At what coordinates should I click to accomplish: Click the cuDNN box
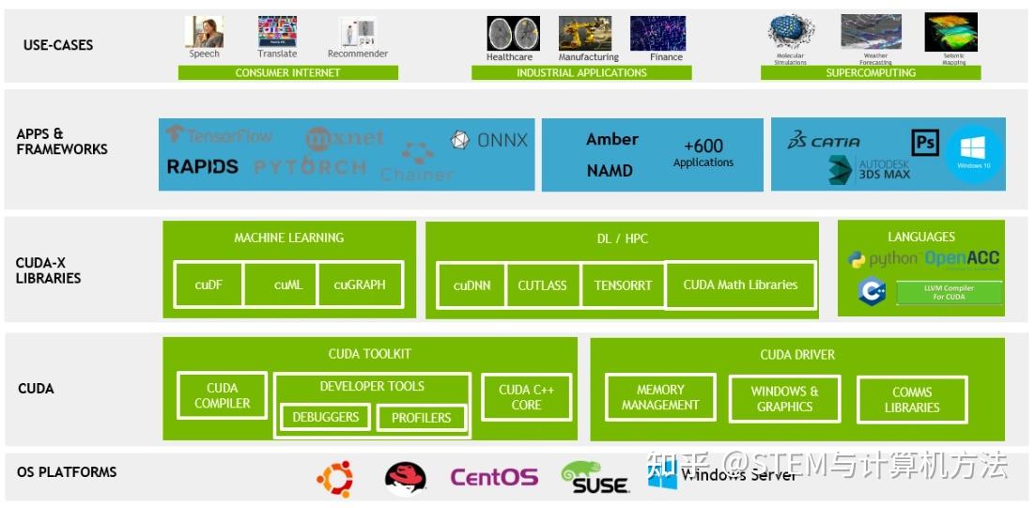point(471,285)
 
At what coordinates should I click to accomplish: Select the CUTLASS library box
point(543,285)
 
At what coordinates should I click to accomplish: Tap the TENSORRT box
point(623,285)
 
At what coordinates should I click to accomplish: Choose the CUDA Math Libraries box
point(740,285)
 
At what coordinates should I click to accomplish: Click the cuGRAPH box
point(360,285)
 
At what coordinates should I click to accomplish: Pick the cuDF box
point(209,285)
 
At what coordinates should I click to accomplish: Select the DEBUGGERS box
point(325,417)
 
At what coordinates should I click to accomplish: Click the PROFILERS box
point(421,418)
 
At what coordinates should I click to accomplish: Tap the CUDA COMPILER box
point(223,395)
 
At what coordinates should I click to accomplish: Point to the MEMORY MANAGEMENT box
point(660,397)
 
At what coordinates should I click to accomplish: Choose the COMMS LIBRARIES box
point(911,400)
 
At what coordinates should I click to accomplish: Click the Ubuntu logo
point(335,479)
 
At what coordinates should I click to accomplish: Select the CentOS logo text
point(494,478)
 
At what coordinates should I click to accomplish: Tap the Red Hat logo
point(406,479)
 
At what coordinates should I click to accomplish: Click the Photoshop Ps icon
point(925,143)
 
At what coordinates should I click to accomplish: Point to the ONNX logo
point(489,140)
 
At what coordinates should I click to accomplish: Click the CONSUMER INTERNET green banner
point(287,72)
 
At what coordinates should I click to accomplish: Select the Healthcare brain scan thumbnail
point(513,34)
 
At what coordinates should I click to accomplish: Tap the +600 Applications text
point(703,152)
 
